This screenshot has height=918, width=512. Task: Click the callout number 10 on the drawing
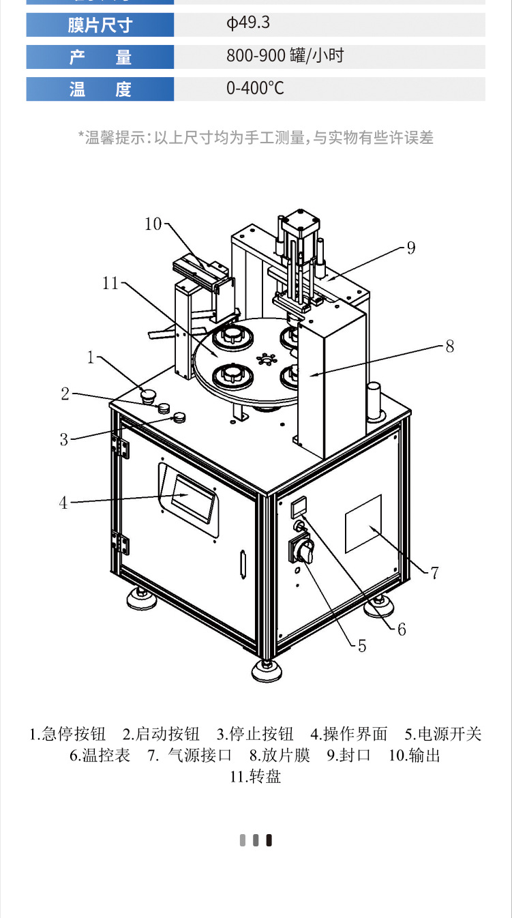tap(153, 223)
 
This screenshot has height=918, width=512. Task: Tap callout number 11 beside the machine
tap(110, 283)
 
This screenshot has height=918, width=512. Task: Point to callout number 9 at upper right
tap(410, 248)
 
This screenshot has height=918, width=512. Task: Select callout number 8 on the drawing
tap(449, 346)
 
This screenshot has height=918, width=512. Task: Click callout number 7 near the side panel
tap(434, 572)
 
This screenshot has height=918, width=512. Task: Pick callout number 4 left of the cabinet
tap(63, 503)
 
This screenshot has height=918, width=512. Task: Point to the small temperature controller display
tap(299, 507)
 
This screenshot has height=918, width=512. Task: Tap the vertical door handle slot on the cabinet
tap(243, 565)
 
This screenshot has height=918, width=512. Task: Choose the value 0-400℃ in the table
tap(255, 89)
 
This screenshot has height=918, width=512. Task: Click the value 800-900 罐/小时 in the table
tap(285, 57)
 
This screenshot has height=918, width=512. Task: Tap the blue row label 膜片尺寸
tap(100, 25)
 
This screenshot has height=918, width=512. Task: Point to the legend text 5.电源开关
tap(443, 734)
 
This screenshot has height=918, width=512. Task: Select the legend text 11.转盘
tap(256, 776)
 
